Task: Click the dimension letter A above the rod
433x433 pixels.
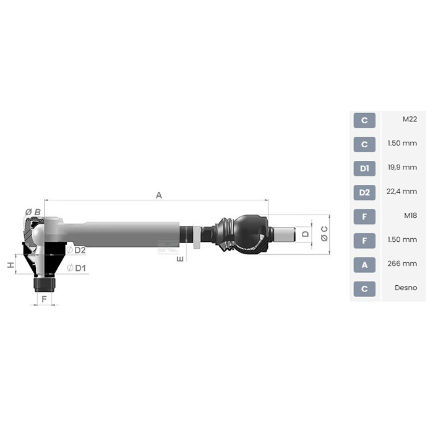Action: coord(159,195)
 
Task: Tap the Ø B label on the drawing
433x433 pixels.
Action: coord(33,212)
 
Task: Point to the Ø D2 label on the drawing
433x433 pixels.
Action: coord(76,250)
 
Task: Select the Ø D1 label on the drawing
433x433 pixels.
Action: coord(76,268)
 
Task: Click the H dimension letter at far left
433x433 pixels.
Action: coord(11,265)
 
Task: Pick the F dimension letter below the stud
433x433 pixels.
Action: coord(43,299)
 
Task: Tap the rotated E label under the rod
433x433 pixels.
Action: coord(179,259)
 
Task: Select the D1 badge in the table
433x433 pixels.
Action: coord(364,168)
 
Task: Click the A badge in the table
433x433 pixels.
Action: coord(364,265)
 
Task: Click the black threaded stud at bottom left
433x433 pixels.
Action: coord(43,285)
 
